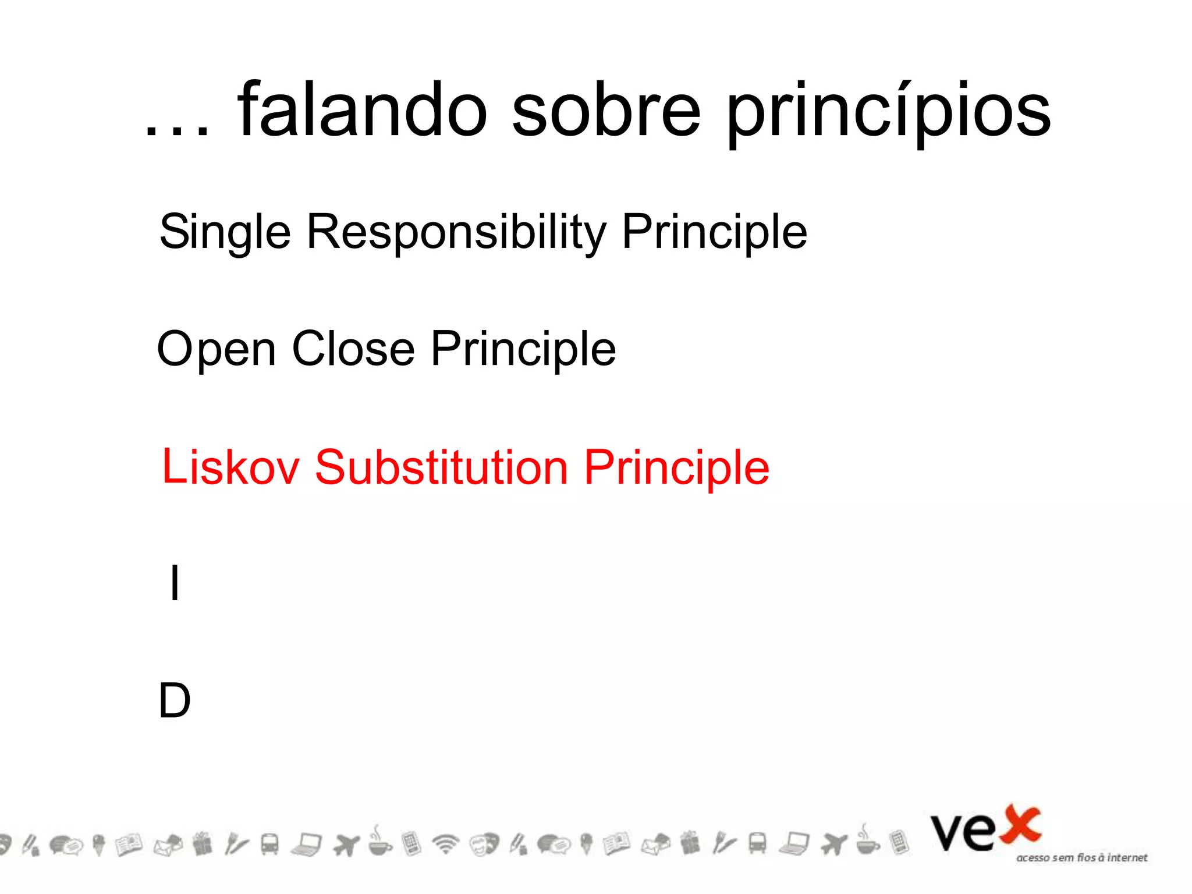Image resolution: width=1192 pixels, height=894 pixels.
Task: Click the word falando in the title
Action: tap(362, 111)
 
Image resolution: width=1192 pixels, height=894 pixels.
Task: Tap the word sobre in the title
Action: tap(606, 111)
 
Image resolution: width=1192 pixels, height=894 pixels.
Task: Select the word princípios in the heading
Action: tap(889, 113)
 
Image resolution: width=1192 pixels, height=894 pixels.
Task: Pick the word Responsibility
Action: tap(456, 233)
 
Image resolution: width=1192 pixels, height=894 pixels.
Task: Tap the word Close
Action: tap(353, 349)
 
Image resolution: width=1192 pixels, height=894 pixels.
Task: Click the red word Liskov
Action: tap(230, 467)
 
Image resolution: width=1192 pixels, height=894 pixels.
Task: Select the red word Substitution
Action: tap(441, 467)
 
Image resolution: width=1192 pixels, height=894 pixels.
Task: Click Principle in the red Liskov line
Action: tap(676, 469)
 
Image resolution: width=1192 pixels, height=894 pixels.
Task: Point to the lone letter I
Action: tap(175, 583)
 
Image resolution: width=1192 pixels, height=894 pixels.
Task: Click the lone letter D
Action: tap(175, 700)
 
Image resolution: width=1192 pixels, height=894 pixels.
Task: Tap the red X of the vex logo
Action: tap(1020, 825)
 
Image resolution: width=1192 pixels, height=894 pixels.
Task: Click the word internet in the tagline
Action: tap(1127, 857)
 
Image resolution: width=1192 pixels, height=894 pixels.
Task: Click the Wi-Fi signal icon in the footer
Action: tap(446, 843)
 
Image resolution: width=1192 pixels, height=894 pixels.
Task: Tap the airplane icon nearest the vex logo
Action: tap(833, 843)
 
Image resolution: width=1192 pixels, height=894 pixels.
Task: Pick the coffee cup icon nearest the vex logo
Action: tap(867, 842)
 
